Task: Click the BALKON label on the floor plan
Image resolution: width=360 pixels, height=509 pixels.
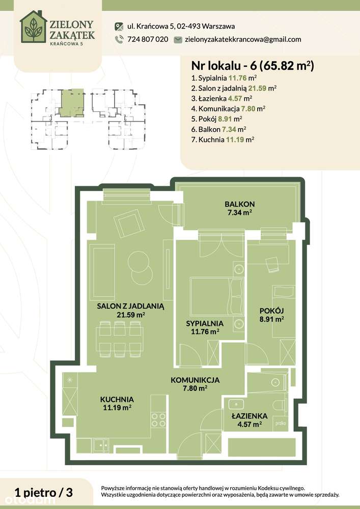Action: click(x=239, y=204)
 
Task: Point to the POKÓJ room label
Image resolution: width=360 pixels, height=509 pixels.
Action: click(x=271, y=311)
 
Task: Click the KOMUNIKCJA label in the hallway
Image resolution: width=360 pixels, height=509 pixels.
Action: click(x=195, y=380)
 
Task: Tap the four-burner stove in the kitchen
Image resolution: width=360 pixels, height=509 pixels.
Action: click(x=159, y=420)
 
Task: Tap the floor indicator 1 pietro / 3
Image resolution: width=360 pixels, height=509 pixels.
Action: click(x=44, y=492)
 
